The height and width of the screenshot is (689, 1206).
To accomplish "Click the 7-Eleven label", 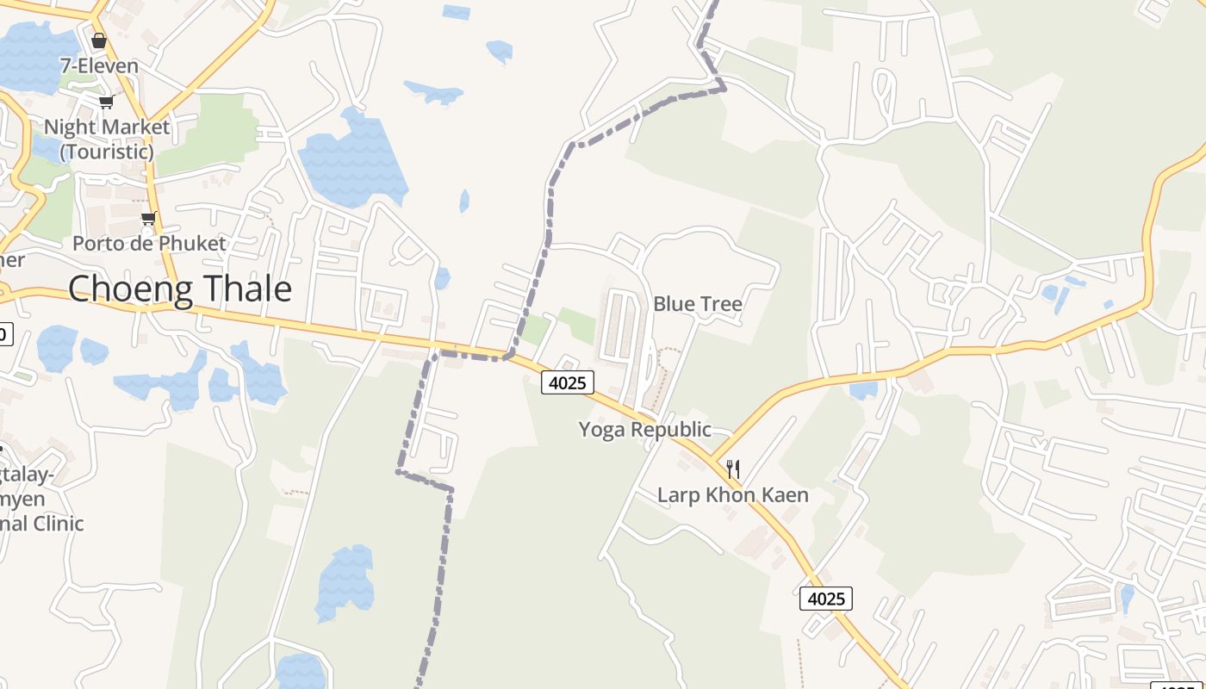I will (x=99, y=65).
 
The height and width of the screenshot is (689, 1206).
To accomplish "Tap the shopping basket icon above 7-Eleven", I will (x=99, y=40).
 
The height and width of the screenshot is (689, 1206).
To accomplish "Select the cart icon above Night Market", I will (x=106, y=102).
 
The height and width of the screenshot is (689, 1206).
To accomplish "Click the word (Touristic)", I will (x=107, y=152).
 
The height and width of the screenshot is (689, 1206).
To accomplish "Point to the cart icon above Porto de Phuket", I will (x=149, y=218).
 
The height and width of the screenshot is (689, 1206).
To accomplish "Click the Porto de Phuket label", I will (x=149, y=243).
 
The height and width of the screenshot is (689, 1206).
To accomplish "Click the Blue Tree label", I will (x=697, y=304).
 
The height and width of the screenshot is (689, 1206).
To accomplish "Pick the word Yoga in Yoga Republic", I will (x=600, y=429).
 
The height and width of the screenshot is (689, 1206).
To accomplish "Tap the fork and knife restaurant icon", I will (x=733, y=469).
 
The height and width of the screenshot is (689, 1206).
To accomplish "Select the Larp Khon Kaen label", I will (x=732, y=495).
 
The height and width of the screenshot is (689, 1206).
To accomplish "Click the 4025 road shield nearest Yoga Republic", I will (x=568, y=382).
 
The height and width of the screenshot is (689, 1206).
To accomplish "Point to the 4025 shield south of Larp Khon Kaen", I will (x=826, y=598).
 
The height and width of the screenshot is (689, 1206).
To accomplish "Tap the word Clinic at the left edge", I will (x=53, y=523).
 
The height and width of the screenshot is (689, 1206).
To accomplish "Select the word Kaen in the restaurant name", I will (x=786, y=495).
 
